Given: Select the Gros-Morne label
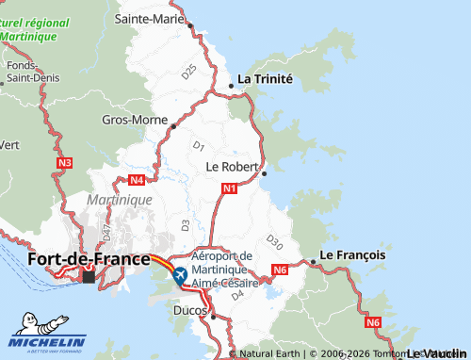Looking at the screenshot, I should click(134, 121).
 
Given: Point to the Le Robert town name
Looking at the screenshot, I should click(232, 166).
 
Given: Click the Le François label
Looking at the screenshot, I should click(353, 254).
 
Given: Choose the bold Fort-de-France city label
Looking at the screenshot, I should click(89, 258).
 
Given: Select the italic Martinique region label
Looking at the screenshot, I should click(119, 200).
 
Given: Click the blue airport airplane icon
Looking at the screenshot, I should click(179, 275).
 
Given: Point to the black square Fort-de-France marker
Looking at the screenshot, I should click(89, 277).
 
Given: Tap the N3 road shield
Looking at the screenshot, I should click(64, 163).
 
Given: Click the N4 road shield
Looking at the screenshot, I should click(138, 179).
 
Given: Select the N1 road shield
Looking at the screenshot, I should click(229, 188).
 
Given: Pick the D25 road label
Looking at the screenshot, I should click(189, 71).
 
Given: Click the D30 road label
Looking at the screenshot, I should click(274, 241).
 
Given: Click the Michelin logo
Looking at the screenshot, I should click(48, 343).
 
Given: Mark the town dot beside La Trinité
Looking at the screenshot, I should click(231, 86).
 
